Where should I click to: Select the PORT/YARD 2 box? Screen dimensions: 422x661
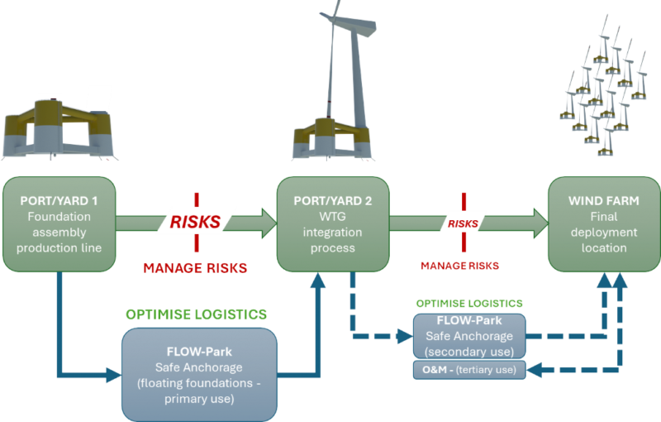[331, 224]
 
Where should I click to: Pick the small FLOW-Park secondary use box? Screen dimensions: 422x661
[468, 336]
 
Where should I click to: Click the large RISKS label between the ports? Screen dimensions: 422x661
[196, 222]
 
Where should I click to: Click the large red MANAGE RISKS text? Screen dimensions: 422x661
[195, 268]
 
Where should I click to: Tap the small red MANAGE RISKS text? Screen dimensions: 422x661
[459, 266]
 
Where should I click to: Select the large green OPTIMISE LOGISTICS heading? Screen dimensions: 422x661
[196, 314]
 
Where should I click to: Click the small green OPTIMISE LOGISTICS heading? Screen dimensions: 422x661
[468, 305]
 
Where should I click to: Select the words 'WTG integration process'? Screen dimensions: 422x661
[331, 232]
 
